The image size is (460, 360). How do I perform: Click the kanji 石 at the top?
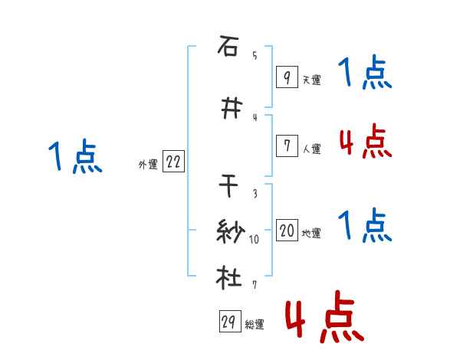point(228,48)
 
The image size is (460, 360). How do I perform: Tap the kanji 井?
point(228,110)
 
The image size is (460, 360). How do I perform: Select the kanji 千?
point(228,186)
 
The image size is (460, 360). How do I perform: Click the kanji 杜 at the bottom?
point(228,277)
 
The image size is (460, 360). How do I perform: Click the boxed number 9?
point(286,77)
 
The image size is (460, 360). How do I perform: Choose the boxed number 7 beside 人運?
point(286,146)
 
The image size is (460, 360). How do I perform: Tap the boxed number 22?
point(174,162)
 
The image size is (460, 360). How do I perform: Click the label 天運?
point(311,80)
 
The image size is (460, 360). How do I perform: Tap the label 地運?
point(311,234)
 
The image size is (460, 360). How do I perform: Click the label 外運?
point(148,165)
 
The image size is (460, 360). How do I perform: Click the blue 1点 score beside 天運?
point(365,75)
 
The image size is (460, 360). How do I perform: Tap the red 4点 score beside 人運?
point(365,142)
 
